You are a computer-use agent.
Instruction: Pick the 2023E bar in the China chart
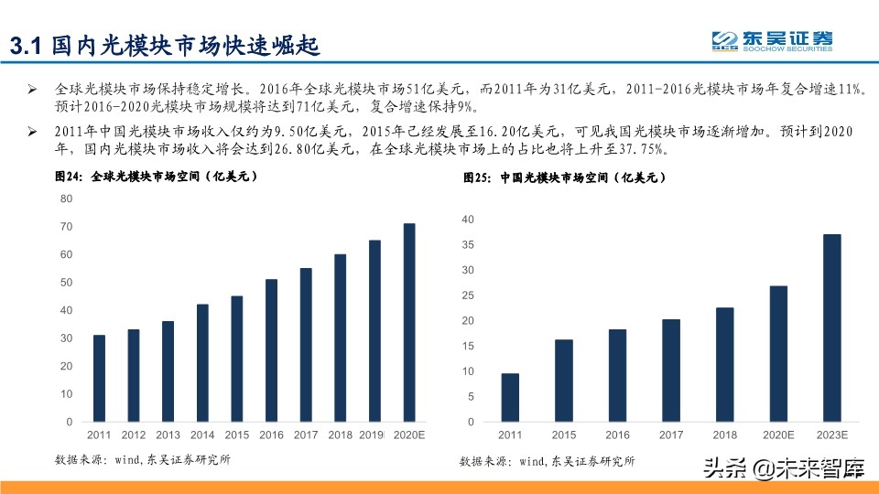(x=831, y=328)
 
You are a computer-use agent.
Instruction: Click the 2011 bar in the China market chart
(x=510, y=398)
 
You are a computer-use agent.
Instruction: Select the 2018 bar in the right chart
(x=724, y=365)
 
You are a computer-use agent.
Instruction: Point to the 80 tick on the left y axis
(x=66, y=199)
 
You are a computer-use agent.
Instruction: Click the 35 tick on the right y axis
(x=467, y=244)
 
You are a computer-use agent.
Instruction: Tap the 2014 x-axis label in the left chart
(x=202, y=435)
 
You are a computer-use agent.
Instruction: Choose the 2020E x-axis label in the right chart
(x=778, y=436)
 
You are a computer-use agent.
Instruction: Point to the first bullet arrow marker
(x=31, y=91)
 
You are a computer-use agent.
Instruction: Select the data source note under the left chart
(x=142, y=459)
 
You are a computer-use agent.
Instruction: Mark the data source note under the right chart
(x=547, y=461)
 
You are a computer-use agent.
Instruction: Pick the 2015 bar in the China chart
(x=563, y=381)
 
